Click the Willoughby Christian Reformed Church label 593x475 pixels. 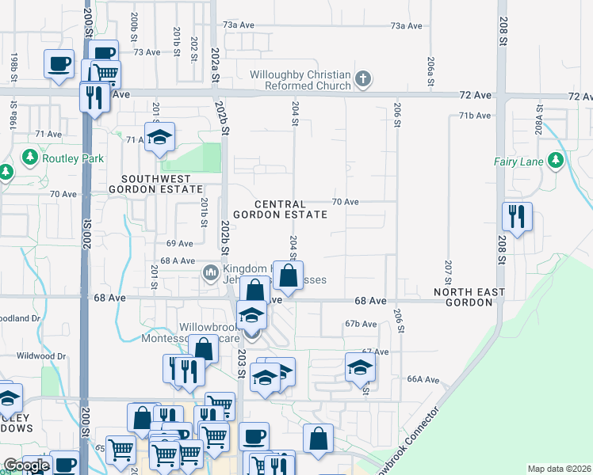point(300,80)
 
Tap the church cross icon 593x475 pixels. point(363,79)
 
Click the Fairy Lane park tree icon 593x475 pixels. point(556,161)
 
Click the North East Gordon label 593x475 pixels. point(469,298)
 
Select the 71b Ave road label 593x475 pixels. point(475,116)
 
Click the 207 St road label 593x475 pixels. point(449,272)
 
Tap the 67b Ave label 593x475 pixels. point(360,324)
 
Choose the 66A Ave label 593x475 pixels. point(423,379)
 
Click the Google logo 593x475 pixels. point(26,465)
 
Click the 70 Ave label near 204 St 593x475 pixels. point(345,202)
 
